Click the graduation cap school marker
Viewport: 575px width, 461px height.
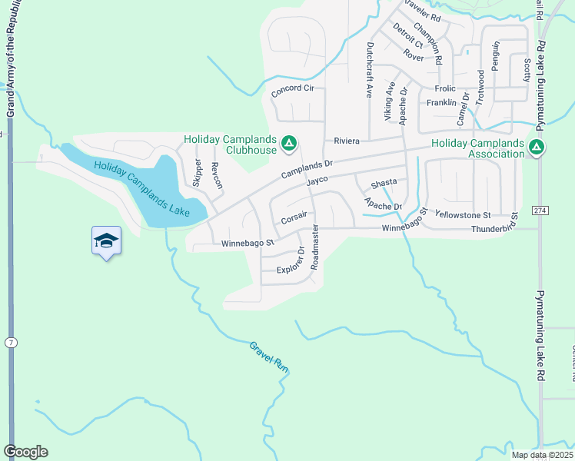click(106, 241)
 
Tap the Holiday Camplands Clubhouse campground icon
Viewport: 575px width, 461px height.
click(289, 143)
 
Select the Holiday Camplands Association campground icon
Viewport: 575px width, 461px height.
click(537, 146)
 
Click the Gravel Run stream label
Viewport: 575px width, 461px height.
click(268, 357)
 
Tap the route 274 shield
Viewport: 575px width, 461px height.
click(540, 210)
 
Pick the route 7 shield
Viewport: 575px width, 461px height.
click(10, 340)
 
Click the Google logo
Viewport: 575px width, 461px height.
click(25, 452)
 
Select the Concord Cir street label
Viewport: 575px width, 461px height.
click(293, 89)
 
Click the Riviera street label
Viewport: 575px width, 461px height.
click(347, 141)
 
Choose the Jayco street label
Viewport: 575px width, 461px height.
click(317, 180)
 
